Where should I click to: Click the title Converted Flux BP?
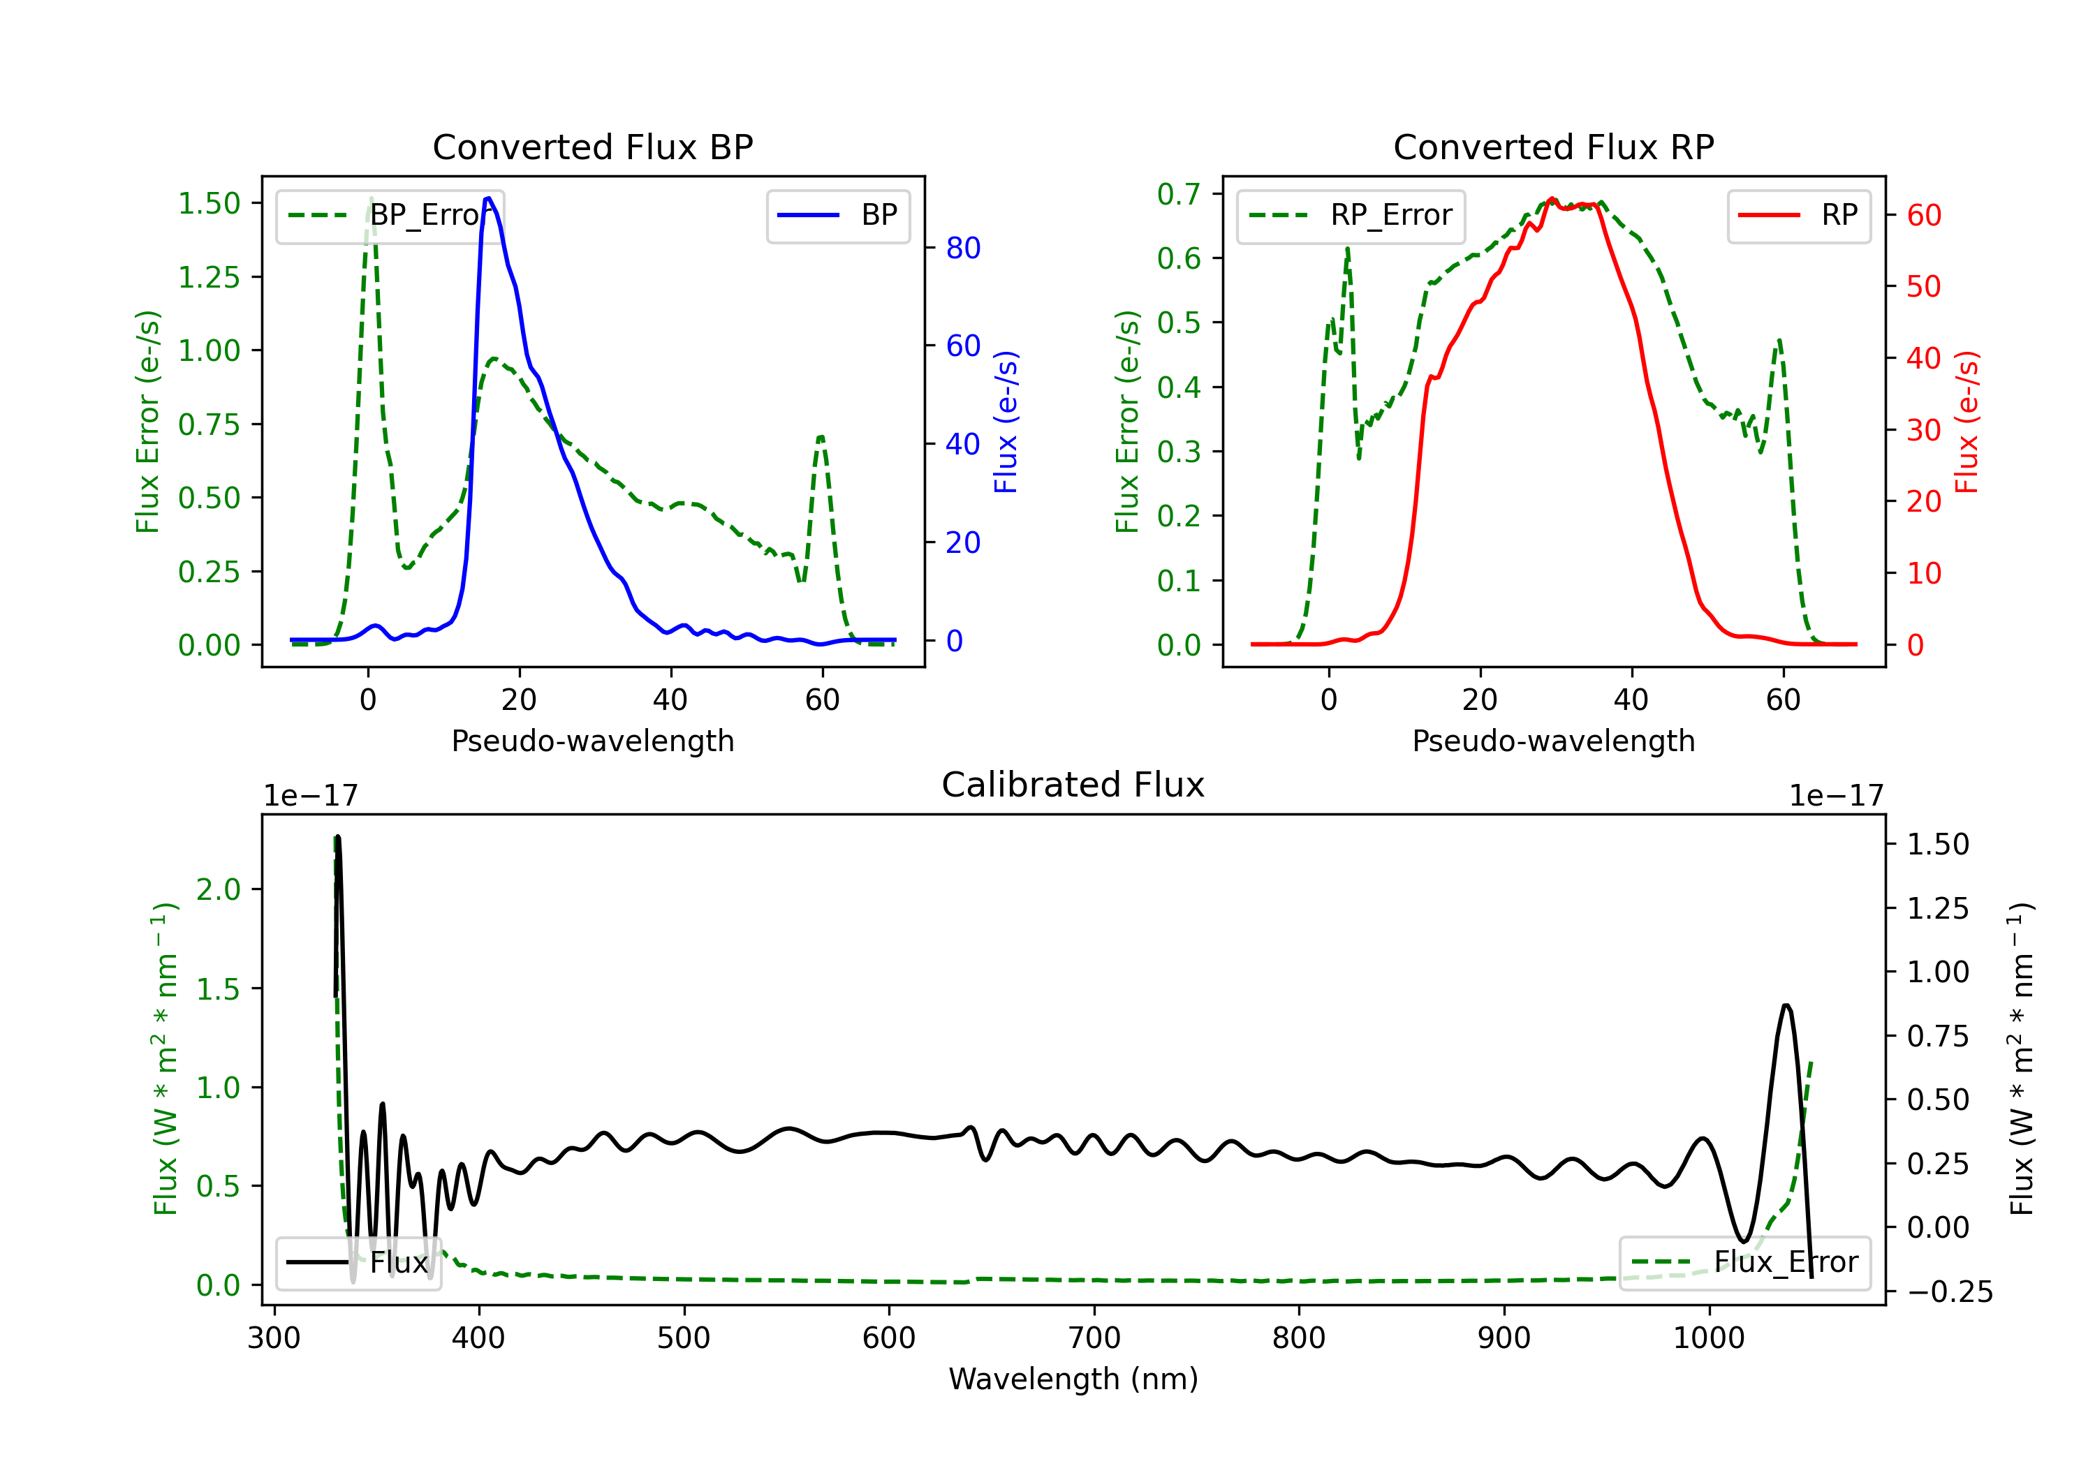[x=592, y=147]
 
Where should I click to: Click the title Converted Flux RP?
[x=1553, y=147]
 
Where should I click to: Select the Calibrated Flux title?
[x=1073, y=785]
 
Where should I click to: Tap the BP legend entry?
[x=837, y=215]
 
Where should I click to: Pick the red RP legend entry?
[x=1798, y=215]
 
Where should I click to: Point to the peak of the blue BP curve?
[x=488, y=198]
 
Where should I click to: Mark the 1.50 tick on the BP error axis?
[x=209, y=203]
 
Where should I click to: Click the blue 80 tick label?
[x=962, y=247]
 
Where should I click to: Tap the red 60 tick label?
[x=1923, y=215]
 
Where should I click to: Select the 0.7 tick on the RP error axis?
[x=1179, y=193]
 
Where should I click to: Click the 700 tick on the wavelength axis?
[x=1094, y=1338]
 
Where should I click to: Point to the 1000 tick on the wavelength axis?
[x=1709, y=1338]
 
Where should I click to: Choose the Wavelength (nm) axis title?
[x=1073, y=1379]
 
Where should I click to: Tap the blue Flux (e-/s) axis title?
[x=1006, y=422]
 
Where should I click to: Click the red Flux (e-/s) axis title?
[x=1967, y=422]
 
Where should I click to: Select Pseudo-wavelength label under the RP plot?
[x=1553, y=741]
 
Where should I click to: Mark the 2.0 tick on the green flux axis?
[x=218, y=889]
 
